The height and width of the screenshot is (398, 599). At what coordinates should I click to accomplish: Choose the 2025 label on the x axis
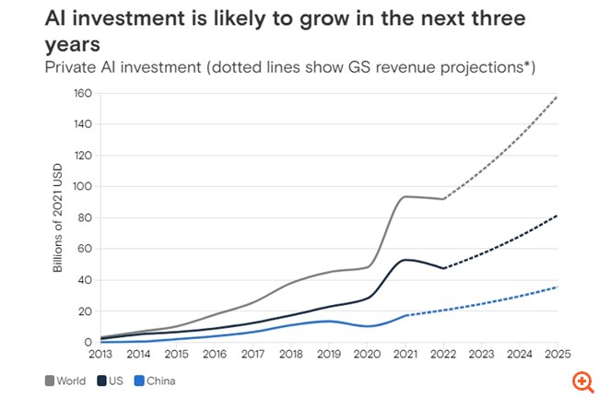pos(557,353)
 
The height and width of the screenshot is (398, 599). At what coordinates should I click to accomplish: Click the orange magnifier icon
pos(581,380)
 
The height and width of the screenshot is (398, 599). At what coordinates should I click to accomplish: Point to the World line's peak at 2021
pos(406,196)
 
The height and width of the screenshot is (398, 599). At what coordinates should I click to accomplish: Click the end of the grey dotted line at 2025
pos(558,96)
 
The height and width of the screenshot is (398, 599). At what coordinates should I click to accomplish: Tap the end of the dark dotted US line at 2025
pos(558,216)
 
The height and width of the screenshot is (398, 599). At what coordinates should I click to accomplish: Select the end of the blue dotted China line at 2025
pos(558,287)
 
